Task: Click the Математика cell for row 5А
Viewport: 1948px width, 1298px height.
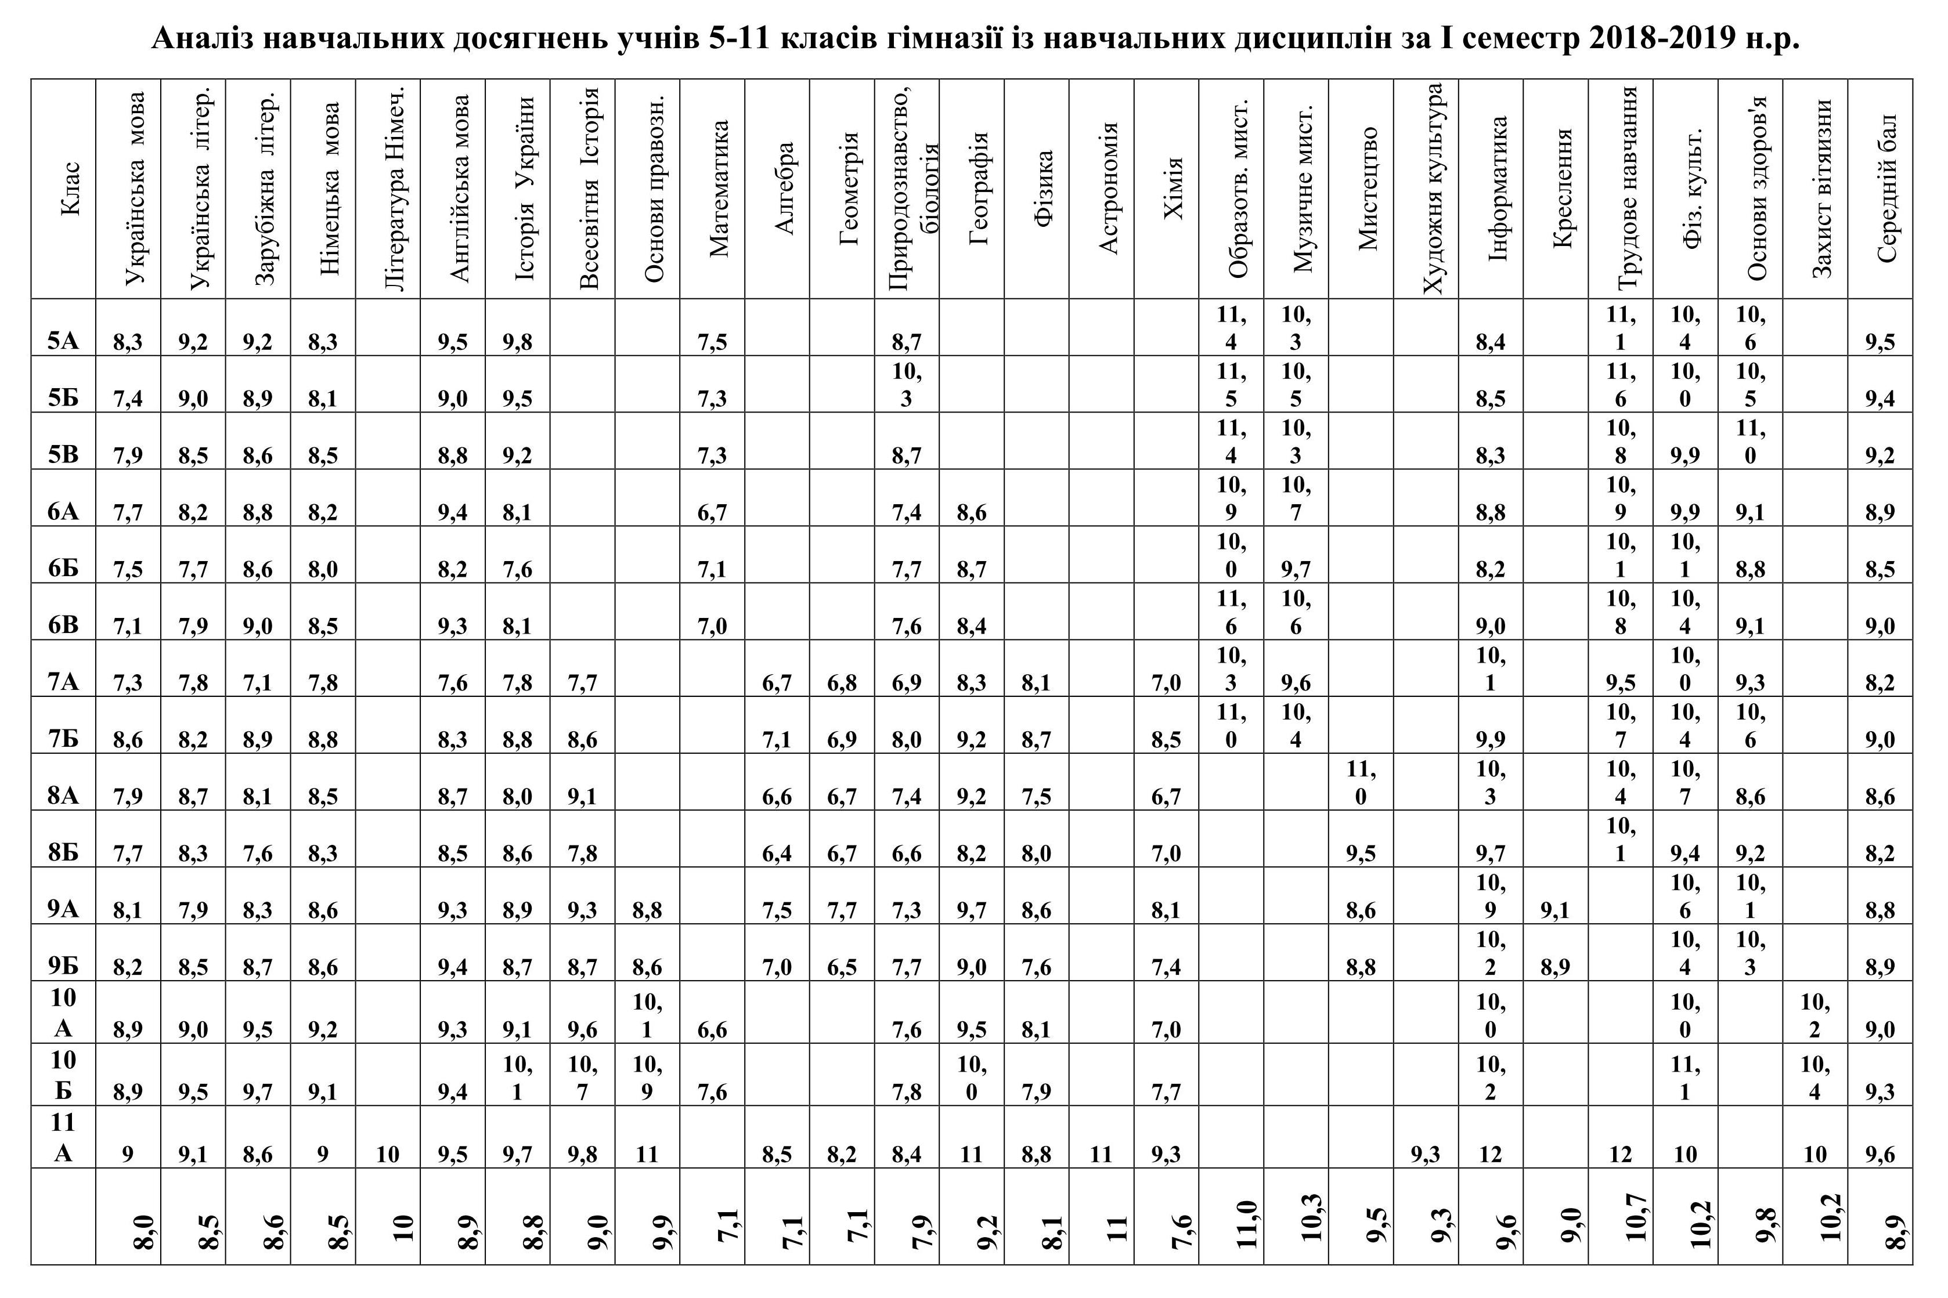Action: pyautogui.click(x=712, y=342)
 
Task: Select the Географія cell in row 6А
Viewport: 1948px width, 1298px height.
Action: pyautogui.click(x=971, y=512)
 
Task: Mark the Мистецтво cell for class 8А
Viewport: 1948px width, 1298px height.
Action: pyautogui.click(x=1360, y=782)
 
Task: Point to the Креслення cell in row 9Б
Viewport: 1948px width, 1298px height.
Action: pyautogui.click(x=1556, y=967)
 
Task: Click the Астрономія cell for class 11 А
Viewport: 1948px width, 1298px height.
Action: pyautogui.click(x=1101, y=1153)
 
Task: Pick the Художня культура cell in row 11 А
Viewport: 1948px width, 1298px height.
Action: pyautogui.click(x=1425, y=1153)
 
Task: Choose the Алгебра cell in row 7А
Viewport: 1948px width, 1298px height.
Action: pyautogui.click(x=777, y=683)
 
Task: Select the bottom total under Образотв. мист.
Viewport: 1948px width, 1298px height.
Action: pyautogui.click(x=1249, y=1224)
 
